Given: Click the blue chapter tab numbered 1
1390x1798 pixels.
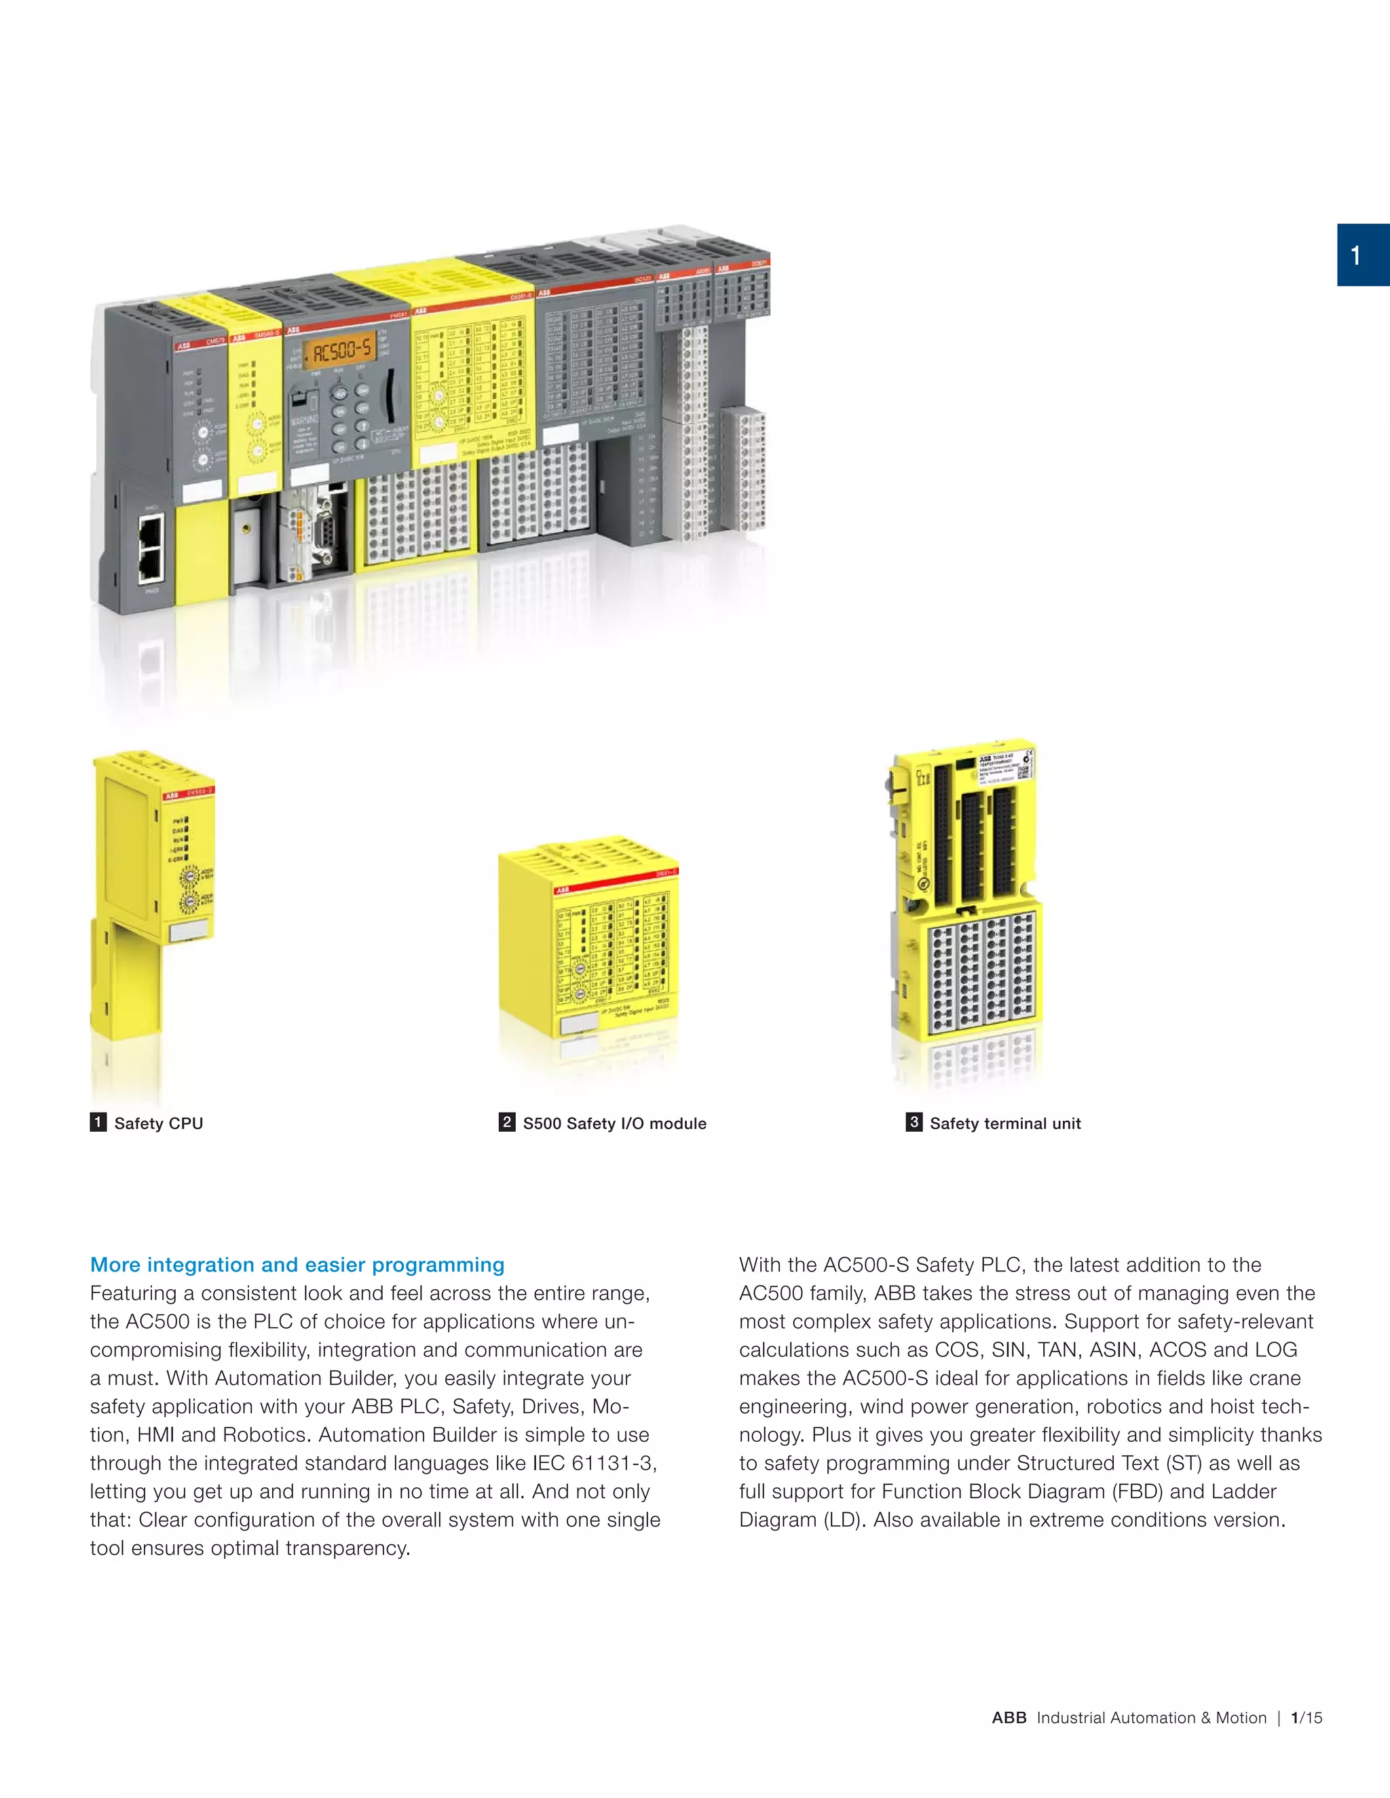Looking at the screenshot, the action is coord(1363,255).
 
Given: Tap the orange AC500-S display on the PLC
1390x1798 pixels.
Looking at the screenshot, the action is coord(341,351).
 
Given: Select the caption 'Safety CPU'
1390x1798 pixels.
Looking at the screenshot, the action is coord(158,1123).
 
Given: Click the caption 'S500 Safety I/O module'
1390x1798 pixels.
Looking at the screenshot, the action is coord(614,1123).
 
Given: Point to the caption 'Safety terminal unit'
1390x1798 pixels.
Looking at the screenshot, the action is coord(1004,1123).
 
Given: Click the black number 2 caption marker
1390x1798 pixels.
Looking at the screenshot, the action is coord(507,1122).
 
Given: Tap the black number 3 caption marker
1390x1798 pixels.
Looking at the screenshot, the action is coord(914,1122).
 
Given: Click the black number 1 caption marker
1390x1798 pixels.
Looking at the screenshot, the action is coord(98,1122).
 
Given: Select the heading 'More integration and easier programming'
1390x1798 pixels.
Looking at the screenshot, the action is coord(297,1265).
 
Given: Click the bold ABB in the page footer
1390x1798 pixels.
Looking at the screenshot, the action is coord(1009,1717).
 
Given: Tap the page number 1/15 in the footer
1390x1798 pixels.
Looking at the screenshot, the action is coord(1306,1717).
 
